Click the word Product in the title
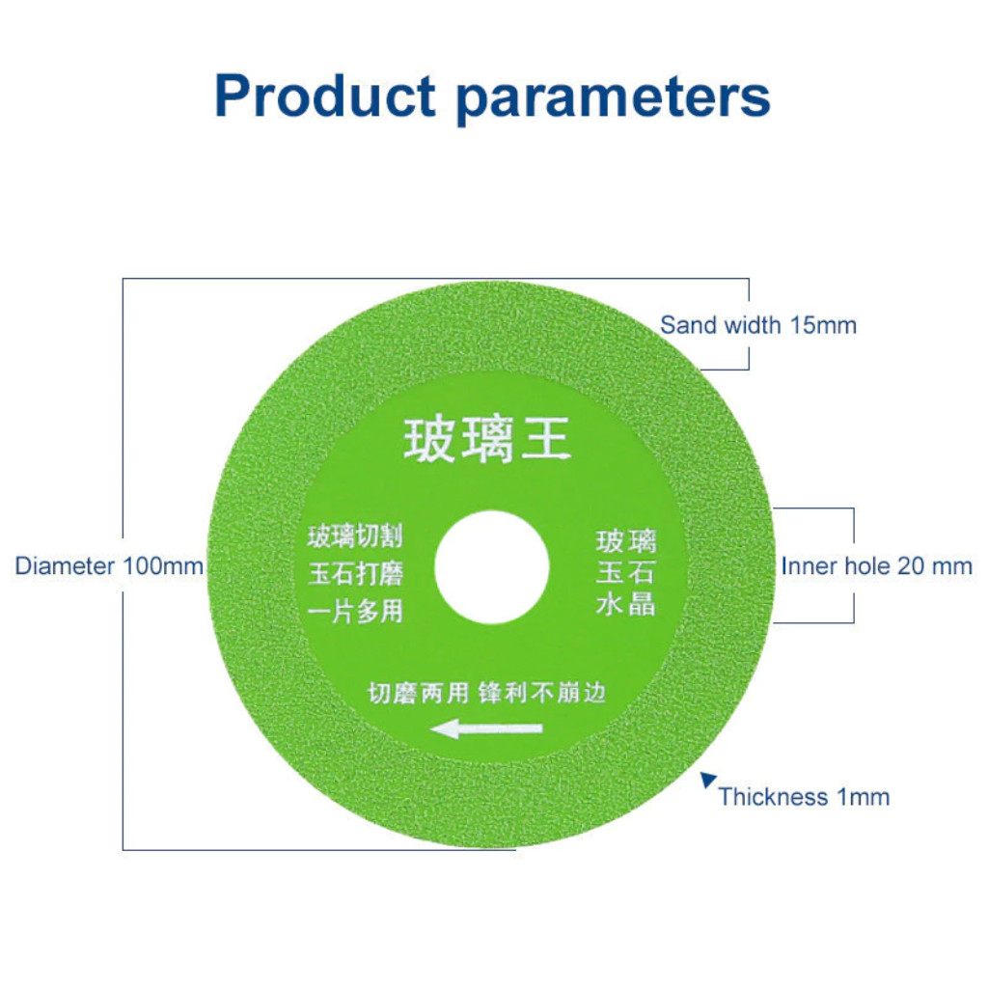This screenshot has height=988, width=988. [x=325, y=96]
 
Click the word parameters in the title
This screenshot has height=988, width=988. [x=613, y=99]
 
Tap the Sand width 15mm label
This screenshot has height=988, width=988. [x=758, y=325]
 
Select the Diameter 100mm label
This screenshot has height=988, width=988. [x=108, y=565]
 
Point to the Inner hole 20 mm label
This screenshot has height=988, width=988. [x=876, y=565]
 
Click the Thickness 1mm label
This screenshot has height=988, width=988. [x=804, y=797]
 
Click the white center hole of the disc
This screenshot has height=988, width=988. [x=491, y=567]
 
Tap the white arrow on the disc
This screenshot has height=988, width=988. [x=486, y=729]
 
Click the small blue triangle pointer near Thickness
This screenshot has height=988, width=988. [x=707, y=780]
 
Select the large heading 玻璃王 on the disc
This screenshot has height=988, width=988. [x=487, y=439]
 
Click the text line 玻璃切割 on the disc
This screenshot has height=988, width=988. [x=355, y=536]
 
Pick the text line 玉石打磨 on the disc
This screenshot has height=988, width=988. [x=355, y=573]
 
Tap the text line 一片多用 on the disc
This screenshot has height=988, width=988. [x=355, y=611]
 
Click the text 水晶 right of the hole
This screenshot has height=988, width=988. [x=625, y=604]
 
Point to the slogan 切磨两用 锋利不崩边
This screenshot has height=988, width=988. [x=486, y=693]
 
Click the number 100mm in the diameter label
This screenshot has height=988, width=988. [x=162, y=565]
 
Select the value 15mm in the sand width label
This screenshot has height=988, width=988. [x=823, y=325]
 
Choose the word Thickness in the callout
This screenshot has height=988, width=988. [x=773, y=797]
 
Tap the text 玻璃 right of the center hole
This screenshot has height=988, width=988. [x=625, y=541]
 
